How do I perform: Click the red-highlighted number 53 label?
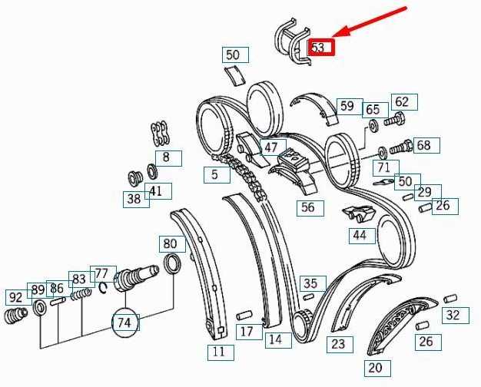click(x=321, y=47)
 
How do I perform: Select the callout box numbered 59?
click(x=350, y=107)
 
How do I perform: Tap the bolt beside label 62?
click(x=394, y=119)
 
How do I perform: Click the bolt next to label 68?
click(x=401, y=147)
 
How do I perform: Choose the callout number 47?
click(x=273, y=147)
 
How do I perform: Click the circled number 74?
click(x=124, y=322)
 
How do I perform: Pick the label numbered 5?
click(x=217, y=175)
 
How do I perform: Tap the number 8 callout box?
click(x=168, y=158)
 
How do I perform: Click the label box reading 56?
click(x=310, y=208)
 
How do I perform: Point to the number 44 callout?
click(x=362, y=236)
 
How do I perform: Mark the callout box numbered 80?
click(x=172, y=244)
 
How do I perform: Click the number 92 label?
click(x=18, y=297)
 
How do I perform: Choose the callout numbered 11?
click(x=221, y=352)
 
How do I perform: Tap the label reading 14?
click(x=278, y=340)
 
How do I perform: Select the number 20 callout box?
click(x=377, y=369)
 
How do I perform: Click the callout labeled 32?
click(x=455, y=316)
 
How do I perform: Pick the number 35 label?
click(x=313, y=283)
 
